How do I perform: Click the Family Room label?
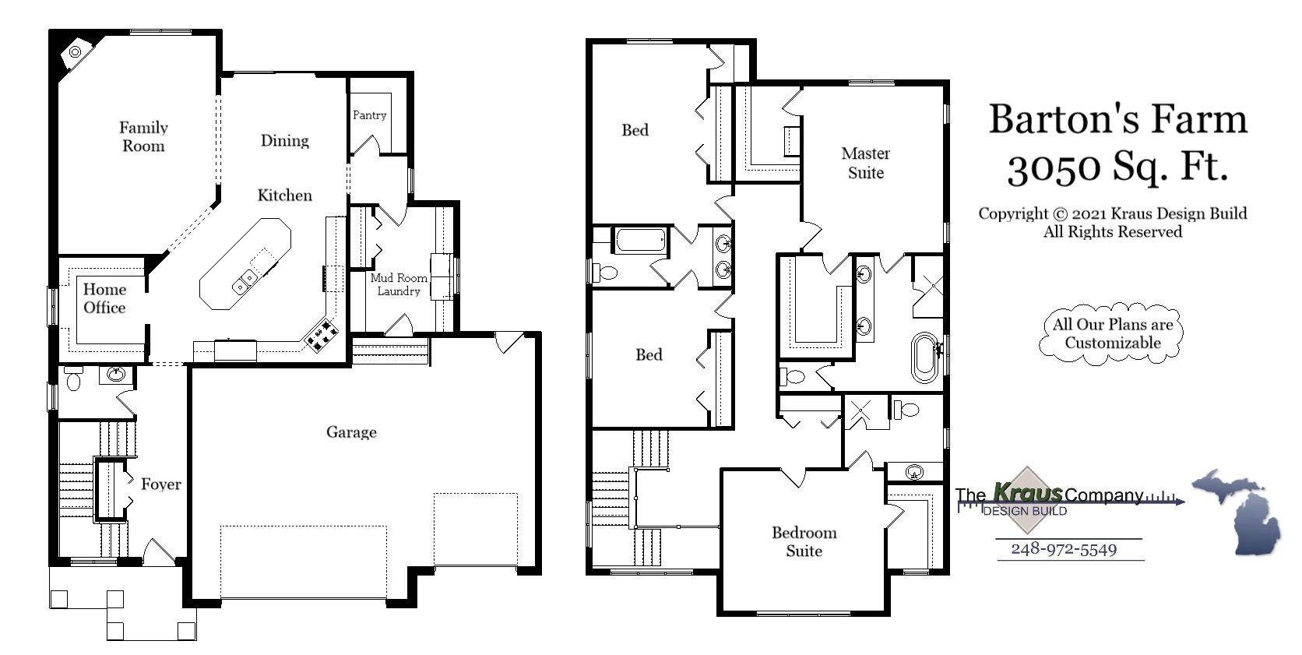click(x=143, y=136)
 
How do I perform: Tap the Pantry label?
click(x=369, y=115)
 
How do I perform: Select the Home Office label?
click(x=104, y=298)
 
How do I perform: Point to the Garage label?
click(x=351, y=432)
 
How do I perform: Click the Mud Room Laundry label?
click(x=399, y=284)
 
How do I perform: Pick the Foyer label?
click(x=160, y=484)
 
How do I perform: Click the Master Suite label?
click(x=865, y=163)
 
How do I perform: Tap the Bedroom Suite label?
click(x=804, y=541)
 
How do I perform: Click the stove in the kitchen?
click(x=322, y=335)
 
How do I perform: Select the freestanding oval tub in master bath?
click(x=925, y=357)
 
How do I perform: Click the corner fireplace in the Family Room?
click(x=75, y=52)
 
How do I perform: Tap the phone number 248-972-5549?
click(x=1064, y=549)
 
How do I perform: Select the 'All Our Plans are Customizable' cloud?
click(x=1113, y=333)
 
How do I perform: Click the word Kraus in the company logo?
click(x=1028, y=492)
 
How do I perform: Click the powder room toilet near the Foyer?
click(x=74, y=380)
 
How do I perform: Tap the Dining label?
click(x=284, y=141)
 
